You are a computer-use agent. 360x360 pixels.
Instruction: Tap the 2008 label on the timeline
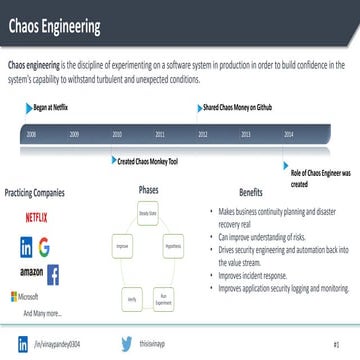pos(32,132)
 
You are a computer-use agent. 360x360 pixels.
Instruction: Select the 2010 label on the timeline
pos(117,132)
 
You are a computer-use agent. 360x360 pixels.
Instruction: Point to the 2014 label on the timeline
pos(289,132)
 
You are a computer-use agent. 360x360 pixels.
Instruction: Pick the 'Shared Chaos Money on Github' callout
pos(240,104)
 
